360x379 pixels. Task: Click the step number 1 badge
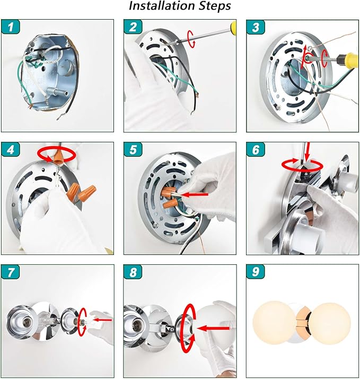[x=11, y=27]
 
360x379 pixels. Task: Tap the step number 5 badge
[x=133, y=149]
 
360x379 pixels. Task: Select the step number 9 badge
[x=256, y=272]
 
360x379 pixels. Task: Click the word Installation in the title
[x=162, y=6]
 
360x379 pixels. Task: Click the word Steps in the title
[x=215, y=6]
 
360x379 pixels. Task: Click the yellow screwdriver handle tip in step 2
[x=233, y=26]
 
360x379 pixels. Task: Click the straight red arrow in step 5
[x=195, y=194]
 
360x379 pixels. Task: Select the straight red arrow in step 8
[x=213, y=328]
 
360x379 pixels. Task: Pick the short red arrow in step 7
[x=102, y=320]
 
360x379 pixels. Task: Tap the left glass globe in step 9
[x=274, y=321]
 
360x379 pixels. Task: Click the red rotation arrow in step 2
[x=191, y=39]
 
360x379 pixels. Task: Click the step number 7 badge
[x=11, y=272]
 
